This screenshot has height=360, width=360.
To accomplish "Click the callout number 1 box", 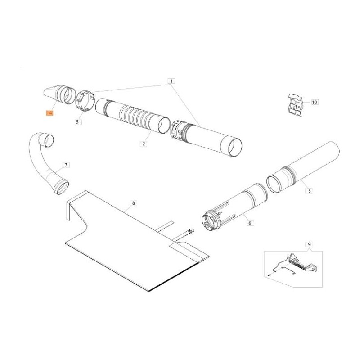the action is (x=171, y=81).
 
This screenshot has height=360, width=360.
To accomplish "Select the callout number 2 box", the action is (x=144, y=144).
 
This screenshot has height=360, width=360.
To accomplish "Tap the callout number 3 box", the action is (x=77, y=122).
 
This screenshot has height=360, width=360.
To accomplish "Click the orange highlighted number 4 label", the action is (x=49, y=113).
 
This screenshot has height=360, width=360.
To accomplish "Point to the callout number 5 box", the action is (x=310, y=190).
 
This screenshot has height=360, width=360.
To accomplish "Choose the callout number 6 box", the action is (x=250, y=223).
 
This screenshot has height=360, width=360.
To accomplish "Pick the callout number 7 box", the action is (x=66, y=165).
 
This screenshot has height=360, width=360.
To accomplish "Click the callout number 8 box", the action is (x=134, y=203).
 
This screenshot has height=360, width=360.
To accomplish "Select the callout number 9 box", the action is (x=309, y=244).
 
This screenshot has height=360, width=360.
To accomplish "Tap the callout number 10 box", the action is (x=315, y=102).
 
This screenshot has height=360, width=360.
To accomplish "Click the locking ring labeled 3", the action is (x=85, y=102).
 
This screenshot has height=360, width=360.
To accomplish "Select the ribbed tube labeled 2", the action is (x=133, y=116).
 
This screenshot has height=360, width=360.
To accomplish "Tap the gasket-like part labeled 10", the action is (x=296, y=105).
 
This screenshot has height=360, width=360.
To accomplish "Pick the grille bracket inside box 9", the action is (x=301, y=263).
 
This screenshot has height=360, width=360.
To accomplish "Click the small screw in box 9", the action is (x=268, y=274).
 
